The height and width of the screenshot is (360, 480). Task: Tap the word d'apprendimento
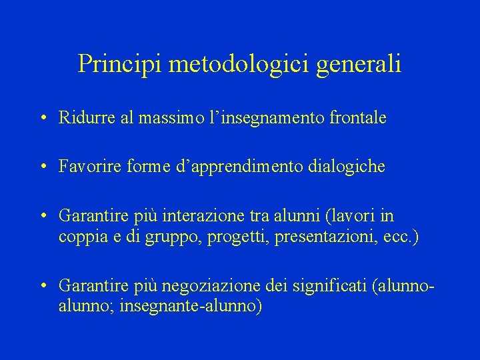244,167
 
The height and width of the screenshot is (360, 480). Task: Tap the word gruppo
170,237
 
